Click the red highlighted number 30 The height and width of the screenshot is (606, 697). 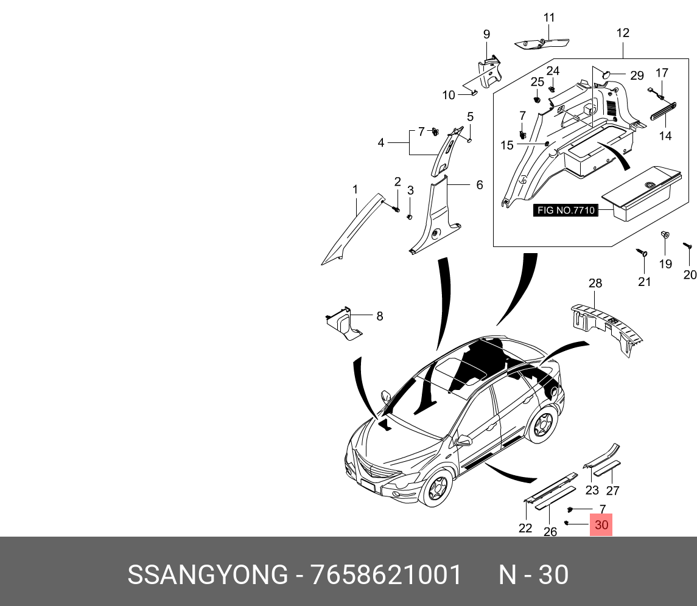(601, 525)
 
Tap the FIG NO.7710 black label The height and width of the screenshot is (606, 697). (566, 211)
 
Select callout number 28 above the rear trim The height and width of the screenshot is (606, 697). (595, 283)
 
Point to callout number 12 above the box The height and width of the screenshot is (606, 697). (622, 33)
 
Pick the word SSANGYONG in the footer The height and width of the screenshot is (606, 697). (207, 575)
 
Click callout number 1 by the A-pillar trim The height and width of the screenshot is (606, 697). (356, 190)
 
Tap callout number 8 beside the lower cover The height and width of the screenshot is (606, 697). (379, 316)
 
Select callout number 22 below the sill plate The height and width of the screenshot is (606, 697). (525, 528)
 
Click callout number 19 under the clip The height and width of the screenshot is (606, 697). (665, 263)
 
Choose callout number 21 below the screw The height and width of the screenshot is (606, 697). (644, 281)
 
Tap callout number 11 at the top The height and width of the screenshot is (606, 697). (549, 17)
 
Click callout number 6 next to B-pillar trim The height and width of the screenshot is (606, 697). (480, 184)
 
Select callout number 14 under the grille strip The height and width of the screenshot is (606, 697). (665, 136)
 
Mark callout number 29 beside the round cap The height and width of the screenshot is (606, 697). (637, 75)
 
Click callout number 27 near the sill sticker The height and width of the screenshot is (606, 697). (612, 491)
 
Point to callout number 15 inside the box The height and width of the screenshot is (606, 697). (507, 145)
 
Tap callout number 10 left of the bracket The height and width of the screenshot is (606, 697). (449, 95)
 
